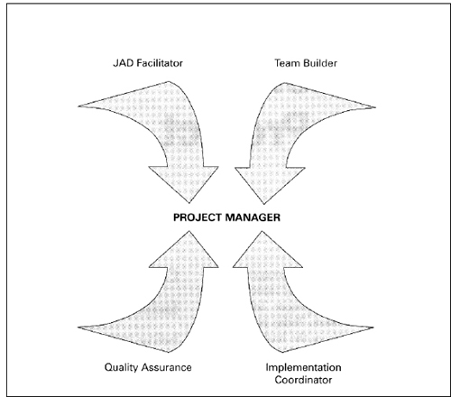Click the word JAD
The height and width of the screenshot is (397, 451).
[x=124, y=63]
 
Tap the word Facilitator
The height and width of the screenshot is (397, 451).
[x=160, y=63]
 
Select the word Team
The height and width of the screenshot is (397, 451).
[x=287, y=63]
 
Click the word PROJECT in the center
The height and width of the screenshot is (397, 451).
[x=197, y=217]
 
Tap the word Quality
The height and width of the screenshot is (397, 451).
[x=121, y=368]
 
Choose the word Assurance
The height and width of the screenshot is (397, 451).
[x=166, y=367]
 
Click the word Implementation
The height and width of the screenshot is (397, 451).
[x=303, y=367]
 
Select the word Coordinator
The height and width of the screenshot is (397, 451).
[x=303, y=380]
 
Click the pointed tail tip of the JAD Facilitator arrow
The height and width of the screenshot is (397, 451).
[x=78, y=106]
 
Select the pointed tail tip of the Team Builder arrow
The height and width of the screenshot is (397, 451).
[x=375, y=107]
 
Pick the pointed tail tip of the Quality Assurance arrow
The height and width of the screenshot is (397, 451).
[x=78, y=327]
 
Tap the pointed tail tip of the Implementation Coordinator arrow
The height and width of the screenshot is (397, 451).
[x=373, y=328]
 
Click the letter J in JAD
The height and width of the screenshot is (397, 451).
[x=115, y=63]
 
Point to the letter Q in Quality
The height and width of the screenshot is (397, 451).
[x=109, y=367]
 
